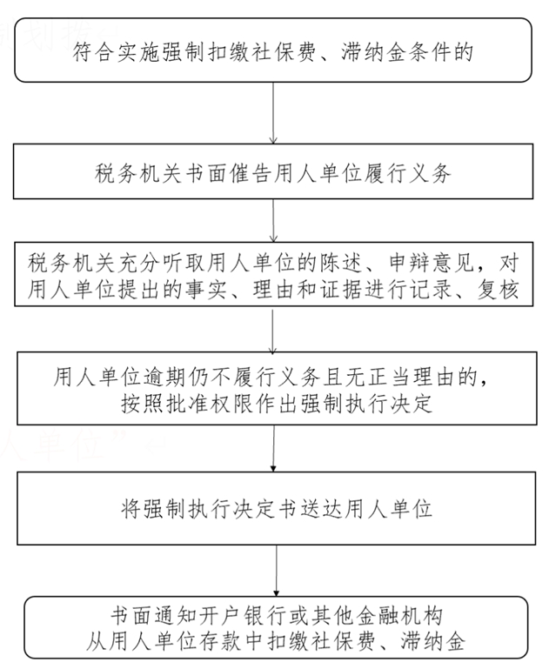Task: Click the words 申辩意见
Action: click(x=432, y=264)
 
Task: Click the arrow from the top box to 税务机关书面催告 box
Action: click(x=273, y=112)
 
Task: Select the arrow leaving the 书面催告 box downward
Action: click(x=273, y=221)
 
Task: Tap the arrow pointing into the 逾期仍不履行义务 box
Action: click(x=273, y=329)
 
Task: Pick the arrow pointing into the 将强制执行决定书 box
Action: click(x=273, y=448)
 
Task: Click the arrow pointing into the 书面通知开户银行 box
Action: click(x=276, y=571)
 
